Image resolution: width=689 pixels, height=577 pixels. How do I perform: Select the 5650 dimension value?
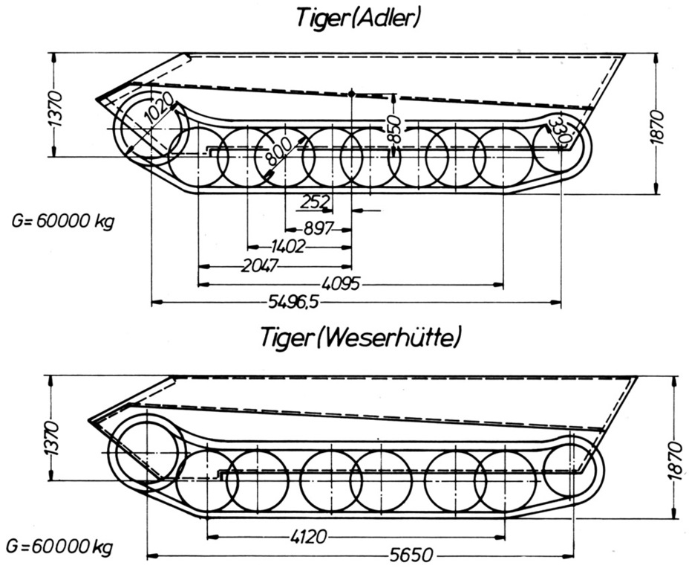411,555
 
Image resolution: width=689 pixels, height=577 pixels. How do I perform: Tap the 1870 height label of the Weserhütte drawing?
674,461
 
